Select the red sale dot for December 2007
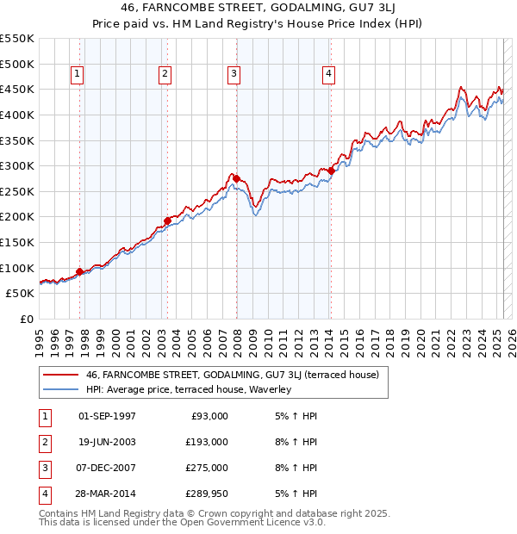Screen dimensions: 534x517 point(235,178)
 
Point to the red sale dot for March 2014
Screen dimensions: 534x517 point(331,171)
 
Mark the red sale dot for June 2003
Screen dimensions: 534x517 point(167,220)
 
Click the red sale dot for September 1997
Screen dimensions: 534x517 point(80,271)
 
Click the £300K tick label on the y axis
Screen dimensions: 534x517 point(17,165)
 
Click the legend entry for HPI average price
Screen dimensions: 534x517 point(189,389)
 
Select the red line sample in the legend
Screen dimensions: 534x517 point(60,375)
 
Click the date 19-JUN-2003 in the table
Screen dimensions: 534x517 point(107,442)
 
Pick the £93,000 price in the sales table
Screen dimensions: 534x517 point(208,416)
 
